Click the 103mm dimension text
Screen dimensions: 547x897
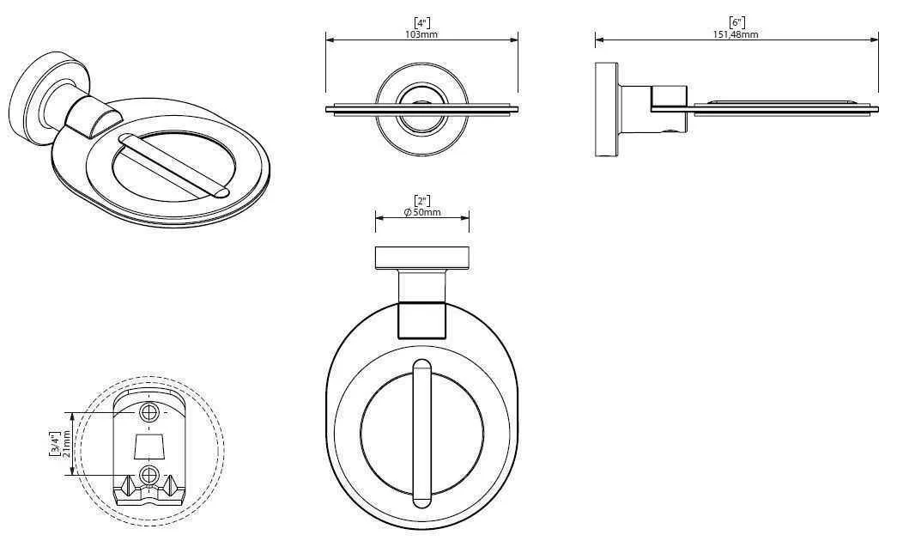pos(421,33)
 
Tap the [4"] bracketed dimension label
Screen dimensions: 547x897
pos(421,23)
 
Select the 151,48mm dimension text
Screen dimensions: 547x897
pos(736,33)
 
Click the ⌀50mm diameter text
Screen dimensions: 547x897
pos(421,212)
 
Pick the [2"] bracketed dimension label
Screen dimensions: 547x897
pos(421,201)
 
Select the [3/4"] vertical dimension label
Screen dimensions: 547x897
pos(56,445)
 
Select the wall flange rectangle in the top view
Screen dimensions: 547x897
pos(421,257)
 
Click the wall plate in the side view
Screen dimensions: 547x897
pos(606,109)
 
